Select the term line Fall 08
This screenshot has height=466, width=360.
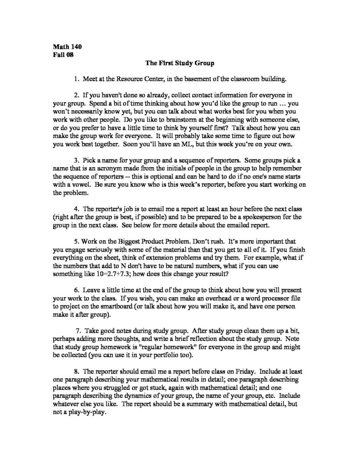[x=63, y=55]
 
